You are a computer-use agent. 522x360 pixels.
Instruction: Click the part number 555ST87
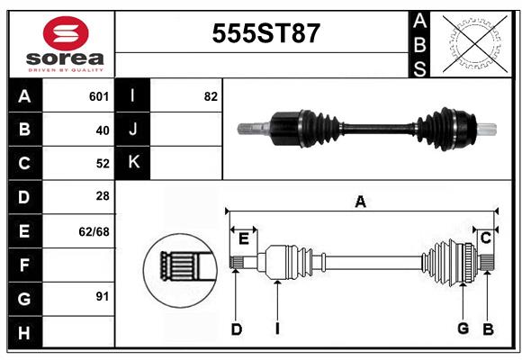[x=265, y=34]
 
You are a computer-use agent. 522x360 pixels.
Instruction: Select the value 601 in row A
[x=99, y=96]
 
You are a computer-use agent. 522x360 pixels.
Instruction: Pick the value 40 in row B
[x=102, y=130]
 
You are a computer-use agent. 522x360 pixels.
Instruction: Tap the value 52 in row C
[x=102, y=164]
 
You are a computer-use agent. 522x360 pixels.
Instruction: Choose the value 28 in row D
[x=102, y=196]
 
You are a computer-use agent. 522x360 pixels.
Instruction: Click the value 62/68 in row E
[x=94, y=231]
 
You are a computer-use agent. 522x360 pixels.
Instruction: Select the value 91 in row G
[x=102, y=296]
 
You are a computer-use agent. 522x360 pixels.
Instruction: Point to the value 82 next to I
[x=211, y=96]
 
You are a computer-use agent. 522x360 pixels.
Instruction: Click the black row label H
[x=24, y=334]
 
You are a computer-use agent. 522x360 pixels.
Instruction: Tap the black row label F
[x=24, y=265]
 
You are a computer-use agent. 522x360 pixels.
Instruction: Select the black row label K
[x=133, y=162]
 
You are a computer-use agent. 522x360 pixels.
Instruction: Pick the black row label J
[x=133, y=130]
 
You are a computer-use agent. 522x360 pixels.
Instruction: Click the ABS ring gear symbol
[x=473, y=41]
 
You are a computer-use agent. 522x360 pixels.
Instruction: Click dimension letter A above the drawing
[x=360, y=202]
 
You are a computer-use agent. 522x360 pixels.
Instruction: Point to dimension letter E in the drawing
[x=243, y=238]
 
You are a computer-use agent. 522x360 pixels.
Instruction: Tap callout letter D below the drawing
[x=237, y=329]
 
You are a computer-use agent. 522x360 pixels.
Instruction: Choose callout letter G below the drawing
[x=463, y=329]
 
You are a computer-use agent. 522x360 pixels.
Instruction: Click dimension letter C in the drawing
[x=485, y=237]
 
